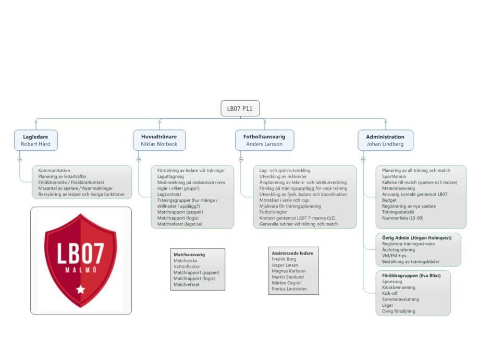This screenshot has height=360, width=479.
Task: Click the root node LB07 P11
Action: pyautogui.click(x=240, y=109)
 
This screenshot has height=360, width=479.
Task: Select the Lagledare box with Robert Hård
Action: pyautogui.click(x=36, y=140)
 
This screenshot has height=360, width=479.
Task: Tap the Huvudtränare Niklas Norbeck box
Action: pyautogui.click(x=159, y=140)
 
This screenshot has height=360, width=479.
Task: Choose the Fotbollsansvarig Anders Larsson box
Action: pyautogui.click(x=265, y=140)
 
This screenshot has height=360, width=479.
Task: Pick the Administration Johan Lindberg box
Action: pyautogui.click(x=385, y=140)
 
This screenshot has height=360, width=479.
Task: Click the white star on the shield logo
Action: pyautogui.click(x=81, y=289)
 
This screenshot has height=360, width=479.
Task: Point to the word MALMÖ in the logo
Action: pyautogui.click(x=81, y=270)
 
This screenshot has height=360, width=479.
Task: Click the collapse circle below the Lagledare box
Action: pyautogui.click(x=20, y=159)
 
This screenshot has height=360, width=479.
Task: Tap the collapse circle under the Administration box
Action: pyautogui.click(x=363, y=159)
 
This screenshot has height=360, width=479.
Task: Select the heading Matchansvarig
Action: pyautogui.click(x=189, y=255)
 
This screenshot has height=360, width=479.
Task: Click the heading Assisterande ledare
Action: pyautogui.click(x=292, y=253)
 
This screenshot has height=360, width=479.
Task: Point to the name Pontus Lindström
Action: pyautogui.click(x=289, y=289)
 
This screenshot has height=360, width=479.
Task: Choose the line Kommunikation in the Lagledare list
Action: pyautogui.click(x=54, y=171)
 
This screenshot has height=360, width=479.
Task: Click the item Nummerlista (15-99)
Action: pyautogui.click(x=402, y=218)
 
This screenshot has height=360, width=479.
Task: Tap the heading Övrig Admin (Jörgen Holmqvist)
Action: pyautogui.click(x=416, y=238)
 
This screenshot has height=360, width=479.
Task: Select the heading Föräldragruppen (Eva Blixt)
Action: pyautogui.click(x=411, y=275)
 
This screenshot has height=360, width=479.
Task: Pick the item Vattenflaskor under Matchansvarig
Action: pyautogui.click(x=187, y=267)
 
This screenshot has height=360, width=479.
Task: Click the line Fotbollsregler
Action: pyautogui.click(x=273, y=212)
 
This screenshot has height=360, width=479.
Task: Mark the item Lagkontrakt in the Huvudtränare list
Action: pyautogui.click(x=169, y=194)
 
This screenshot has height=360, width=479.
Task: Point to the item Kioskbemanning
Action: pyautogui.click(x=399, y=287)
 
